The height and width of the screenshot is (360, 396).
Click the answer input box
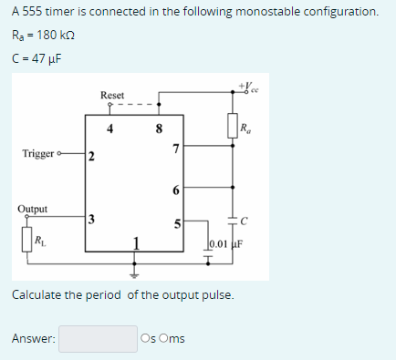click(x=98, y=338)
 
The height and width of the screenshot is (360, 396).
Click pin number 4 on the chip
click(x=109, y=128)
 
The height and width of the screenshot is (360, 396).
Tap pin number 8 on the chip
click(x=159, y=128)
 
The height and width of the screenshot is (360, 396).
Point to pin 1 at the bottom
click(x=136, y=242)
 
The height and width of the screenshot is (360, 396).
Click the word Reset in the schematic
click(x=112, y=95)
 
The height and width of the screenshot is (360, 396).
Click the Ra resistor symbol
click(x=232, y=125)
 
